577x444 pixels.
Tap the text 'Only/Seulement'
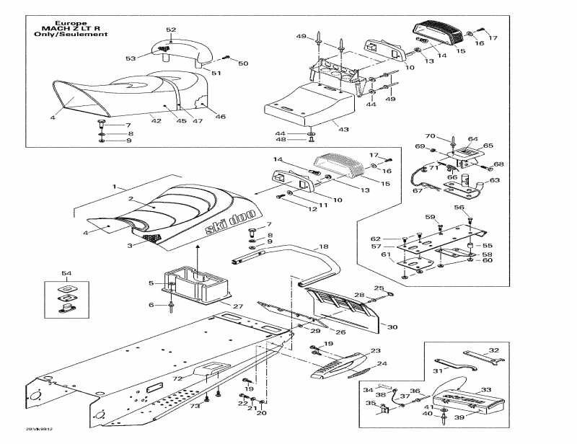click(x=69, y=34)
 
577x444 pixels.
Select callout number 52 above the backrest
click(x=171, y=30)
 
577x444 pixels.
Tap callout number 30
click(x=392, y=327)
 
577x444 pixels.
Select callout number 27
click(x=237, y=306)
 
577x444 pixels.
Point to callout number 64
click(x=473, y=139)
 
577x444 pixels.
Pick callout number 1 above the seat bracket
click(x=114, y=186)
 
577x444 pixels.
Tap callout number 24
click(x=382, y=363)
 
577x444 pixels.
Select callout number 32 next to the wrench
click(x=493, y=350)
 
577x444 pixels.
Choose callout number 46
click(x=221, y=116)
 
